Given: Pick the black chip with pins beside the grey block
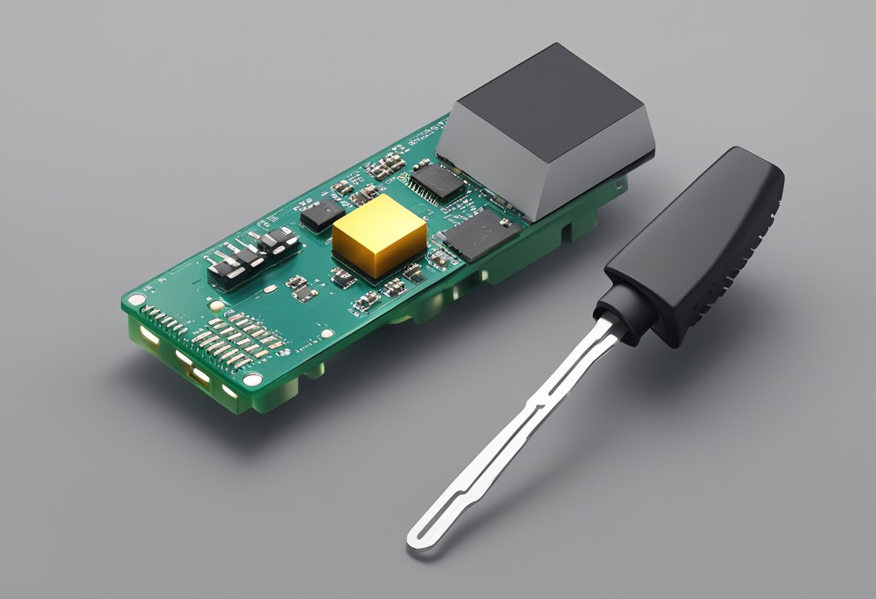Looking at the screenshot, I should [437, 181].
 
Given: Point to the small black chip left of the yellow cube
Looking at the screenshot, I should [322, 214].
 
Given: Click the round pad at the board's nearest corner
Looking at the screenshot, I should [252, 379].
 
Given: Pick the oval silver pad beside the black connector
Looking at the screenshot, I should [270, 289].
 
